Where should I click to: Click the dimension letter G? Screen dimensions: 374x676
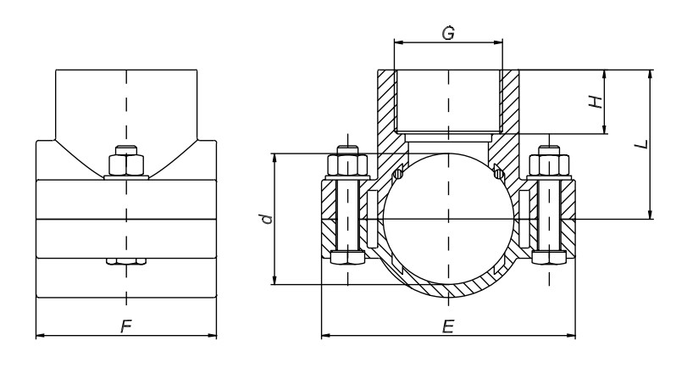coord(448,34)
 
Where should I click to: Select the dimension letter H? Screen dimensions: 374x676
coord(596,101)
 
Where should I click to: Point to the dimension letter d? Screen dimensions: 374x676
coord(267,220)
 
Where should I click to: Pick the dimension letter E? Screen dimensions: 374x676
coord(448,327)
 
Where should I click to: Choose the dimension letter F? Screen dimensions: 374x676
coord(125,327)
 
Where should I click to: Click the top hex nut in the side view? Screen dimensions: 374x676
coord(126,161)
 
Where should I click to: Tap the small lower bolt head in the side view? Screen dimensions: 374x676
coord(126,262)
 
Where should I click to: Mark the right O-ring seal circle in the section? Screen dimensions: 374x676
coord(499,176)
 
